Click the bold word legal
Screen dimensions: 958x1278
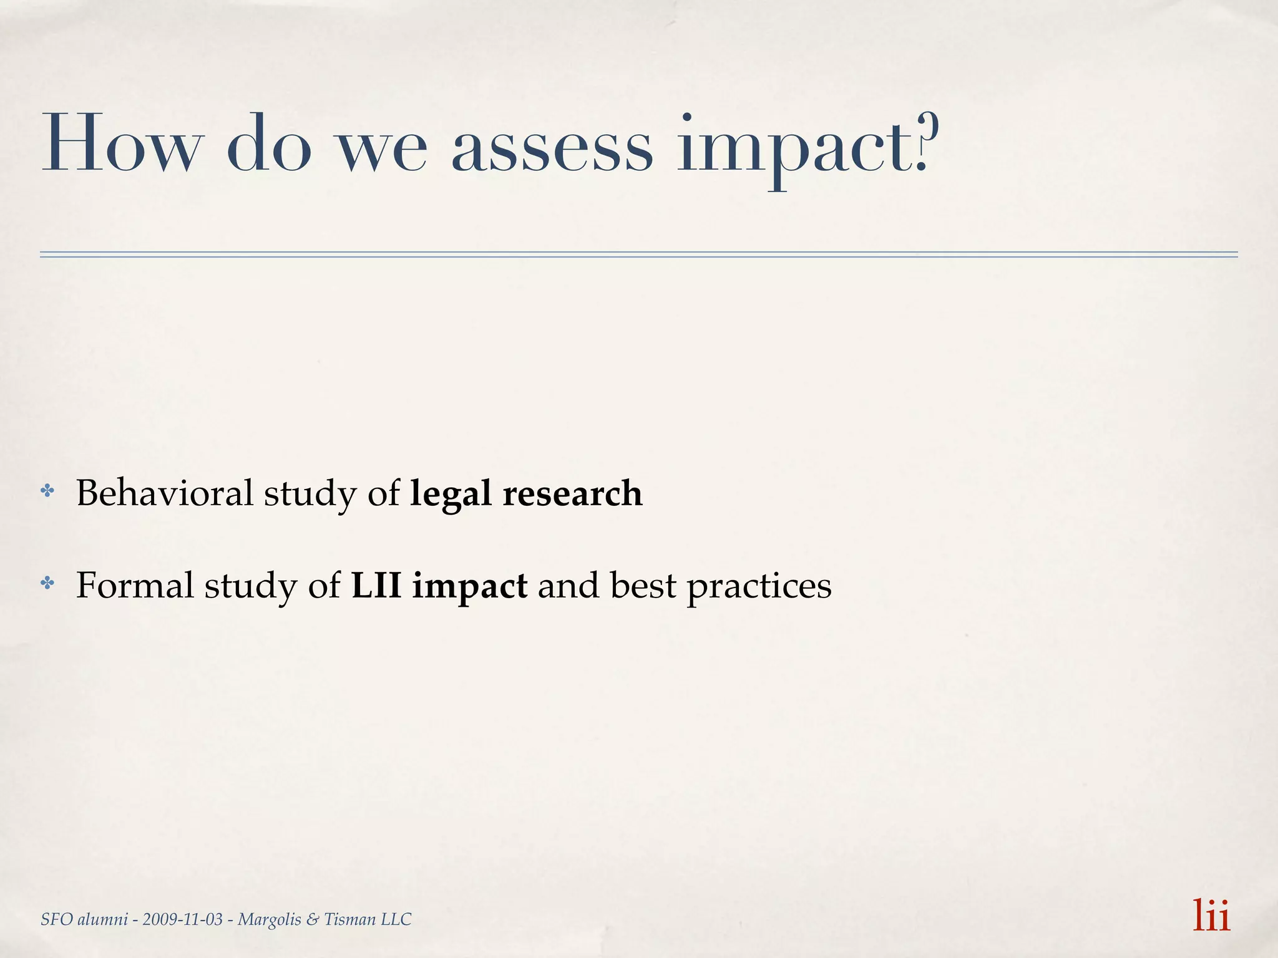(451, 494)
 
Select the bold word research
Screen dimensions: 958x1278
(572, 493)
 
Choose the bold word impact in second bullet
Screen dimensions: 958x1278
(469, 586)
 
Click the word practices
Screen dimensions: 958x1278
(759, 586)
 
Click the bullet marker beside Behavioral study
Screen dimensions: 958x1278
(47, 491)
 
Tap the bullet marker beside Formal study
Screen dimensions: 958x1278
(47, 583)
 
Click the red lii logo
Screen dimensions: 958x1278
(1211, 916)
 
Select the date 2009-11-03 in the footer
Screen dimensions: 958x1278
(182, 919)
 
